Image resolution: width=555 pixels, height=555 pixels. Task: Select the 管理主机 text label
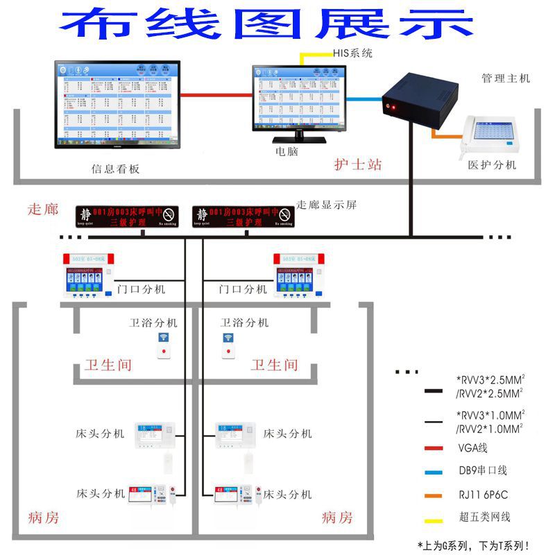[x=506, y=78]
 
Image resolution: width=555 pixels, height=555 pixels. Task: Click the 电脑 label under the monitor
[x=287, y=151]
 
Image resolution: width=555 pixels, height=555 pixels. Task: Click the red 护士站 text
[x=358, y=165]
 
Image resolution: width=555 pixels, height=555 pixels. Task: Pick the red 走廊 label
[x=43, y=210]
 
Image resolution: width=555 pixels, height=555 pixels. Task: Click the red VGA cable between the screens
[x=216, y=96]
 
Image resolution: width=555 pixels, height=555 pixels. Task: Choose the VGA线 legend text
[x=473, y=448]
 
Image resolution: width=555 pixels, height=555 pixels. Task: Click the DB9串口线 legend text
[x=483, y=470]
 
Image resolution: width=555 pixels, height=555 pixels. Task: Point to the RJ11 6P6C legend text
[x=484, y=494]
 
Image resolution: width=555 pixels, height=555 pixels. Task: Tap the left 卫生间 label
[x=108, y=364]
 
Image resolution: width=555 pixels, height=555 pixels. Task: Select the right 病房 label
[x=337, y=518]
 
